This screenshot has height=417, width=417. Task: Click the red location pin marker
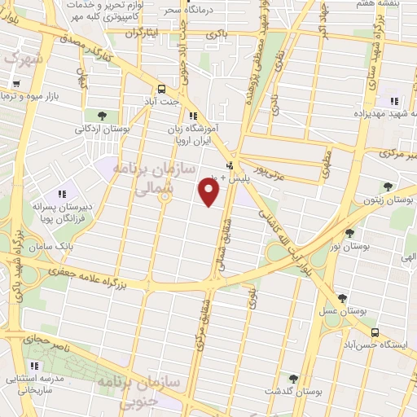coord(209,191)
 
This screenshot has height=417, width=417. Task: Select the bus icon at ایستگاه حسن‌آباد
coord(375,332)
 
